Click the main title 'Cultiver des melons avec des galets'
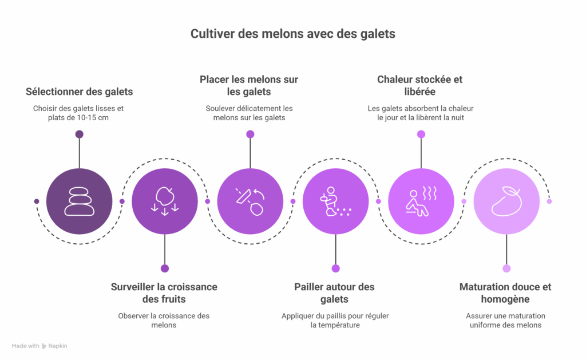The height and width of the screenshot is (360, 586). coord(292,34)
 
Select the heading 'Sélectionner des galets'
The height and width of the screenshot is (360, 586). coord(79,92)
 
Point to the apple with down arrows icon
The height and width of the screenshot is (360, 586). coord(165,201)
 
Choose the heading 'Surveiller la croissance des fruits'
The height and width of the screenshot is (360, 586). coord(164,292)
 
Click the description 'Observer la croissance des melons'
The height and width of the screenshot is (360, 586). coord(164,321)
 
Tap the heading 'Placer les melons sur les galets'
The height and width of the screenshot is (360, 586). coord(249,85)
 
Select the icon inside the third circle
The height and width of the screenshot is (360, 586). coord(250,201)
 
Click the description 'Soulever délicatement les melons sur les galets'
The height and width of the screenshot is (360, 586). coord(250,113)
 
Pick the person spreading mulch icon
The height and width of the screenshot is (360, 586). coord(335,201)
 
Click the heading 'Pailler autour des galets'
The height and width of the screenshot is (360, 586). coord(334,292)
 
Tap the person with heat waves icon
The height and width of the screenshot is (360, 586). coord(421,201)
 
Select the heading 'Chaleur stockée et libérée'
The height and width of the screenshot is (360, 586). coord(419,85)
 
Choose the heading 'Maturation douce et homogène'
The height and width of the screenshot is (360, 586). coord(505,292)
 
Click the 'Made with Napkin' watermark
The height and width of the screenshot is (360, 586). coord(39,346)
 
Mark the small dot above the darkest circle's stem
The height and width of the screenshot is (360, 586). coord(79,134)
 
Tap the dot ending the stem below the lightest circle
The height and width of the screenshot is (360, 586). coord(506,268)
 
